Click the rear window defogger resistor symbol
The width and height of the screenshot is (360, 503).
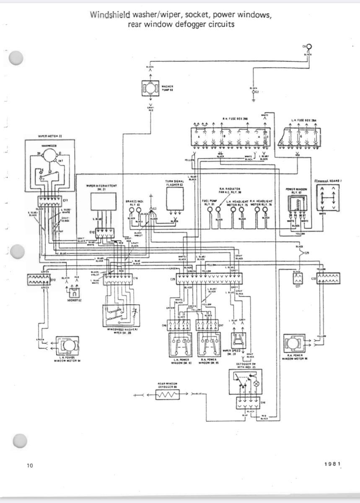tap(167, 394)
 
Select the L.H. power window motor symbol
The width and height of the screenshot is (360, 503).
tap(67, 345)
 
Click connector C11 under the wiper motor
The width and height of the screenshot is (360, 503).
tap(50, 201)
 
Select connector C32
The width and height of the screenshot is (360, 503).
tap(328, 278)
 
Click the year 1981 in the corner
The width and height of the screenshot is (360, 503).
tap(333, 464)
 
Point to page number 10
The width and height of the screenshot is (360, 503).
tap(30, 465)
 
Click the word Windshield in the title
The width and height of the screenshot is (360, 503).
tap(110, 15)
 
